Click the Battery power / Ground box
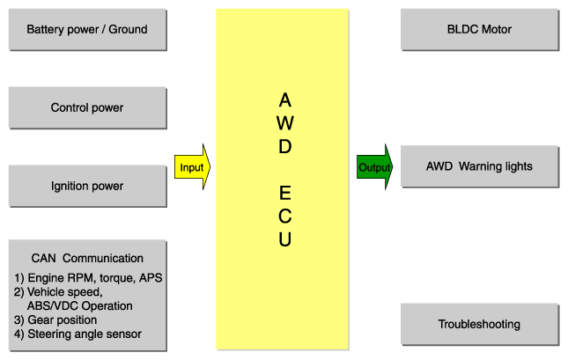tap(88, 30)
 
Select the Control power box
tap(88, 108)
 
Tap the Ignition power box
tap(88, 186)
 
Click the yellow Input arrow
tap(192, 167)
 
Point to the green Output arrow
tap(374, 167)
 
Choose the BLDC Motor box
tap(480, 30)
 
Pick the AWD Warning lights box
tap(480, 166)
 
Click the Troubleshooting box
tap(480, 325)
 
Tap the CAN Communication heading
tap(87, 258)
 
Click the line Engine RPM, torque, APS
tap(88, 278)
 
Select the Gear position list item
tap(55, 320)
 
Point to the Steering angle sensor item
tap(77, 334)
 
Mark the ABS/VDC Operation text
tap(79, 306)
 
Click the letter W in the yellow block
tap(285, 123)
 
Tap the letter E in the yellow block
tap(285, 193)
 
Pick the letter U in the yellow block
tap(285, 239)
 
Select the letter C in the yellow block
tap(285, 217)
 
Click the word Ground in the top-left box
tap(129, 29)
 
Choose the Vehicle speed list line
tap(58, 292)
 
